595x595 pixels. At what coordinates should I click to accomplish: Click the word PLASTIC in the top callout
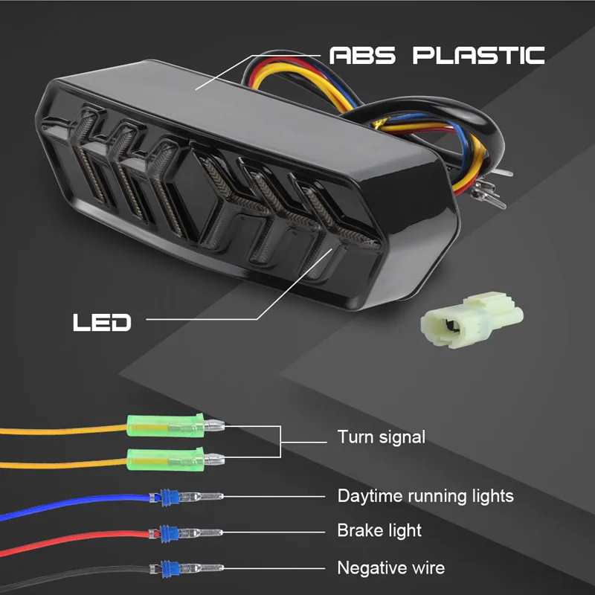click(479, 55)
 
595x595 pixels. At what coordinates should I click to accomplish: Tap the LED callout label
click(102, 322)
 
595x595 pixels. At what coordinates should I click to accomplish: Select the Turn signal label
click(382, 437)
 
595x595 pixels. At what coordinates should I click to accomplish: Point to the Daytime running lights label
click(425, 495)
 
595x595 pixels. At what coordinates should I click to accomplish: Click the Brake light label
click(379, 531)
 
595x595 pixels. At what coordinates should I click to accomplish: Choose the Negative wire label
click(391, 568)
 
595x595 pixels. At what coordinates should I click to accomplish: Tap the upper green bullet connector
click(164, 426)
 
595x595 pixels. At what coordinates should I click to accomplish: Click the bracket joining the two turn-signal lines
click(280, 442)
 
